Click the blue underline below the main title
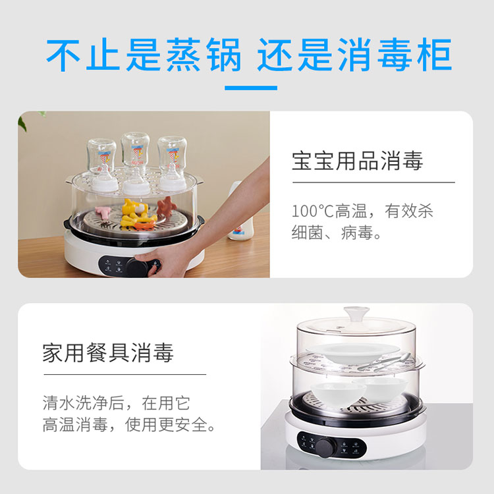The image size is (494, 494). (251, 88)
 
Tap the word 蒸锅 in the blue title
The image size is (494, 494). (204, 55)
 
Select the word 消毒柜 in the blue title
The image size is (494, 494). (395, 55)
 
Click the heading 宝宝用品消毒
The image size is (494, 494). (357, 161)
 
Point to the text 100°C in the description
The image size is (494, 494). (312, 211)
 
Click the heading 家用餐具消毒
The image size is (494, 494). (108, 352)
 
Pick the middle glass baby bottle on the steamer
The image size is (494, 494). (136, 164)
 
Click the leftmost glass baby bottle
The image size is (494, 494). (102, 165)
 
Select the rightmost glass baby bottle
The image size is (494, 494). (172, 163)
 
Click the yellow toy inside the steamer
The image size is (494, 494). (136, 213)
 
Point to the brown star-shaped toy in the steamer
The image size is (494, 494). (167, 206)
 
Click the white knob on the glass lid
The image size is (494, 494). (356, 314)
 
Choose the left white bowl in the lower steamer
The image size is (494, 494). (338, 395)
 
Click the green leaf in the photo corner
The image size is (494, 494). (22, 123)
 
